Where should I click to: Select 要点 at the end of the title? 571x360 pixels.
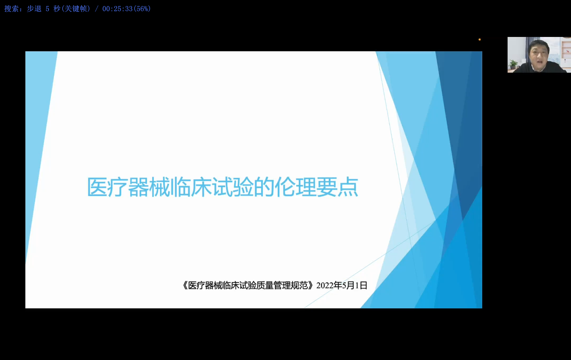click(337, 187)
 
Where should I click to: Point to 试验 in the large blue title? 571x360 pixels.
click(233, 187)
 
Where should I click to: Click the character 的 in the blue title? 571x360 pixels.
click(264, 187)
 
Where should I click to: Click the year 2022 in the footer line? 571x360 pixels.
click(325, 286)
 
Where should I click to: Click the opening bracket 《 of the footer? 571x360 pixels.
click(185, 286)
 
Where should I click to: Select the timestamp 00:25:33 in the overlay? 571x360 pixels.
click(118, 9)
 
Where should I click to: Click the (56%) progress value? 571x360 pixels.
click(142, 9)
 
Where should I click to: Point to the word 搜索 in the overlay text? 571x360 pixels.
click(11, 9)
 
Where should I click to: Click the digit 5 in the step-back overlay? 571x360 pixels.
click(47, 9)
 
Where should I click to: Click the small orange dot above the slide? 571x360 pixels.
click(479, 40)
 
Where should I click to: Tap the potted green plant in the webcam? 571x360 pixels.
click(513, 64)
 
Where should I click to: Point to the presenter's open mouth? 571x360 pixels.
click(540, 61)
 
